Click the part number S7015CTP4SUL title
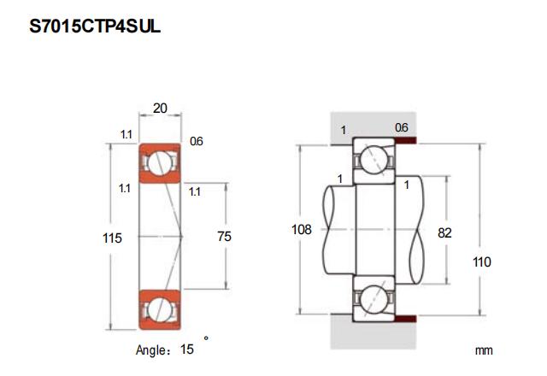click(x=95, y=26)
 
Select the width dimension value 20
click(x=160, y=109)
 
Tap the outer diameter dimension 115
click(x=112, y=238)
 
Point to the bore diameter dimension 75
click(x=224, y=236)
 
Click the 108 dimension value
click(x=302, y=230)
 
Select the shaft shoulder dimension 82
click(x=444, y=232)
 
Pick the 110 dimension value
click(x=482, y=261)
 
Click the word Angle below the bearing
click(x=150, y=350)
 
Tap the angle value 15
click(x=187, y=349)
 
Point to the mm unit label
click(x=484, y=350)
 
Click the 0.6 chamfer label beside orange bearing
click(x=197, y=141)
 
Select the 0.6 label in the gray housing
click(x=402, y=127)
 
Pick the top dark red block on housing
click(x=406, y=140)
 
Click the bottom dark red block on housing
click(x=406, y=319)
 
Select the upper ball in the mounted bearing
click(x=373, y=160)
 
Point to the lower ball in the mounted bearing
click(x=373, y=298)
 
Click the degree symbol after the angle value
click(x=206, y=338)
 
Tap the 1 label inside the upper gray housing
click(x=344, y=131)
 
